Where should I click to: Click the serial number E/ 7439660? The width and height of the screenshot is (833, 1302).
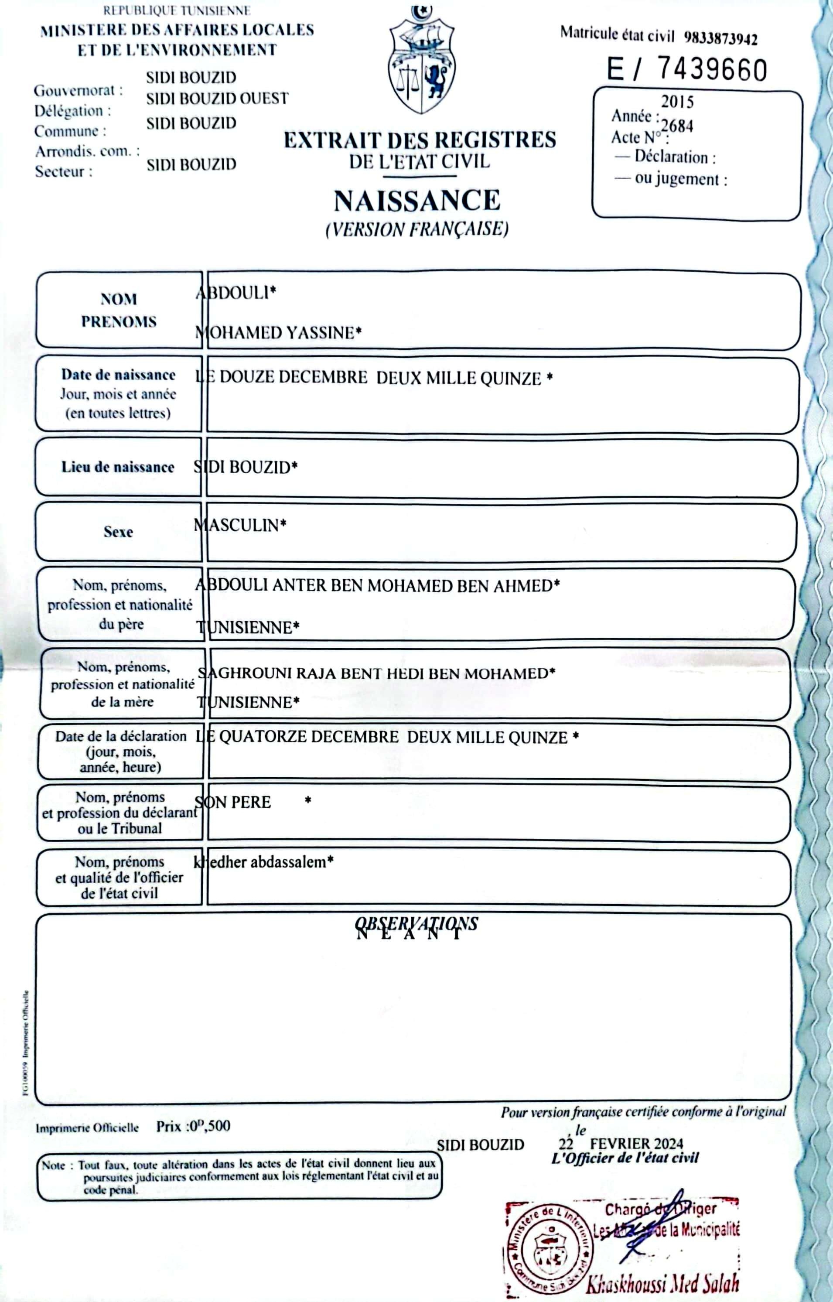pyautogui.click(x=686, y=70)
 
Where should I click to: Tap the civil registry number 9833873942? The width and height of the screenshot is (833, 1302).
pyautogui.click(x=720, y=39)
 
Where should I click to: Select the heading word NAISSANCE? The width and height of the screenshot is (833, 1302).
pyautogui.click(x=416, y=201)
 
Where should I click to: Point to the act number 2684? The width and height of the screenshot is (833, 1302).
pyautogui.click(x=677, y=126)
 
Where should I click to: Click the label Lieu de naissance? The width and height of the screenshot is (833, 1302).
pyautogui.click(x=117, y=467)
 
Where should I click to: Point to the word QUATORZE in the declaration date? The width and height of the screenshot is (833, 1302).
pyautogui.click(x=256, y=737)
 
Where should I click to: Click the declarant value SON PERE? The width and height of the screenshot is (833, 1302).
pyautogui.click(x=232, y=802)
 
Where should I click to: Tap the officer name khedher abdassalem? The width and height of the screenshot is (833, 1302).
pyautogui.click(x=263, y=862)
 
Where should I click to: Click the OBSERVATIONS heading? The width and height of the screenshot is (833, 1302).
pyautogui.click(x=416, y=924)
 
